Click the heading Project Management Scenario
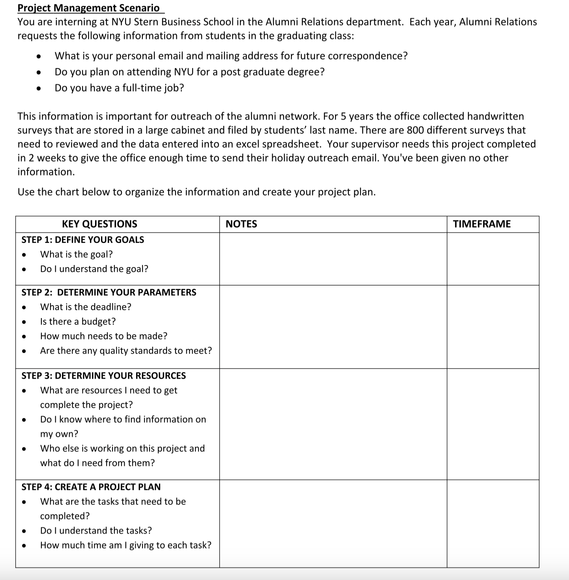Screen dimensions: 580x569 89,8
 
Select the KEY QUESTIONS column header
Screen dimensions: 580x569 99,224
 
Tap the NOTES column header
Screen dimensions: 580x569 241,224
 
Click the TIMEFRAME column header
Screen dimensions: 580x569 481,224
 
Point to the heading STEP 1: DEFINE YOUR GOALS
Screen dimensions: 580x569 82,240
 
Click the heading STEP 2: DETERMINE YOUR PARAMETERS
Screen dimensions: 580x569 109,292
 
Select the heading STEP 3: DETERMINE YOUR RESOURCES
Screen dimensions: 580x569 103,376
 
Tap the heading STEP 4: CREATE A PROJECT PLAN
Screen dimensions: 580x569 91,487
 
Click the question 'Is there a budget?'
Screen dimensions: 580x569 78,322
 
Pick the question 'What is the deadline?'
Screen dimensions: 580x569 86,307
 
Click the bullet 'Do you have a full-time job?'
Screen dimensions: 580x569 119,88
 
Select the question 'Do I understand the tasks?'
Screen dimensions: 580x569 96,531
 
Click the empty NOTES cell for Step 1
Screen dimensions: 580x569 333,259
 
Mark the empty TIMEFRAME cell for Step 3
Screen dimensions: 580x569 493,424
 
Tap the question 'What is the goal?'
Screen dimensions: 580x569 76,254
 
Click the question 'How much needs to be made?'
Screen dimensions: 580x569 103,336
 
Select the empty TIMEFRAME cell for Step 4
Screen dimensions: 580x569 493,524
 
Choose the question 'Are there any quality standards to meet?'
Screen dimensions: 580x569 126,351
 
